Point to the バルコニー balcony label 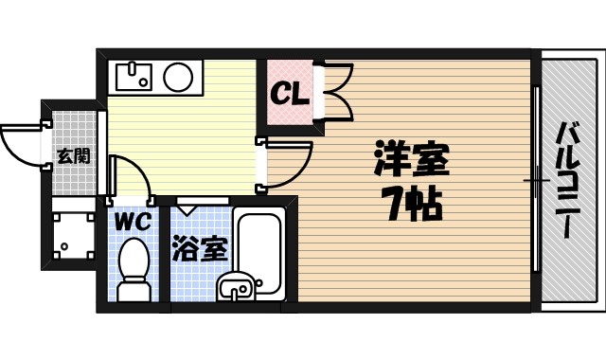[x=568, y=181]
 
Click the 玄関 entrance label [x=73, y=154]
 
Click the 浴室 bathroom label [x=200, y=248]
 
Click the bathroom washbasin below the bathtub [x=236, y=285]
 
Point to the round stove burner [x=179, y=77]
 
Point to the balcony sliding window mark [x=537, y=180]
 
